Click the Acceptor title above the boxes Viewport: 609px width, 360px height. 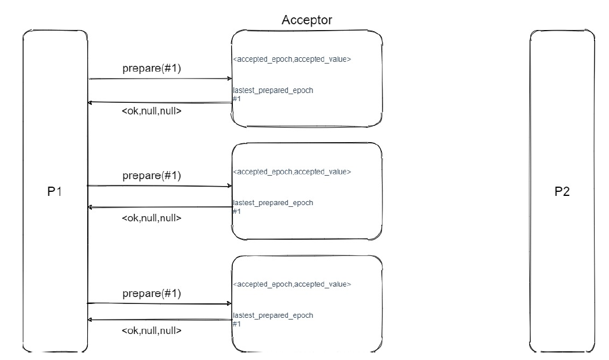[x=307, y=20]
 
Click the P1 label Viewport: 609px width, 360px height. [x=55, y=192]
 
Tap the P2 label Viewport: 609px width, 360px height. [x=562, y=192]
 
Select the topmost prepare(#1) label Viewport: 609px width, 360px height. [x=152, y=68]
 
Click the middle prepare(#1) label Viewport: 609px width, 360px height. [x=152, y=176]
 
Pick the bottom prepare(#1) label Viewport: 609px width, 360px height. [x=152, y=294]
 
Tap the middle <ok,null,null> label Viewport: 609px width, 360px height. [x=152, y=218]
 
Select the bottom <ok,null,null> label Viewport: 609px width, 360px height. [x=152, y=331]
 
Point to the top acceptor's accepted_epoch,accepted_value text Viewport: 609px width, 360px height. [x=292, y=59]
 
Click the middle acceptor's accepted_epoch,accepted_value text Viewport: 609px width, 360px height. [x=292, y=172]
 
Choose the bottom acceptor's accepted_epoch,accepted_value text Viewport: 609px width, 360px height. [x=292, y=284]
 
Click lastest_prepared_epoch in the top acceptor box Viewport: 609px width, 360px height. [x=273, y=91]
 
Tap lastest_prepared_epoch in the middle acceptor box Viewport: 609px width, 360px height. [x=273, y=203]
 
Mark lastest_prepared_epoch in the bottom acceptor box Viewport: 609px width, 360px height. [x=273, y=316]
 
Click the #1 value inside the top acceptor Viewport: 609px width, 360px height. [x=236, y=99]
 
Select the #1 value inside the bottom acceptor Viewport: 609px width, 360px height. [x=236, y=324]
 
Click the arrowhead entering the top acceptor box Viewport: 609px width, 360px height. [x=229, y=79]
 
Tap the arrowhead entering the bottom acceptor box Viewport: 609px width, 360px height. [x=229, y=303]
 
